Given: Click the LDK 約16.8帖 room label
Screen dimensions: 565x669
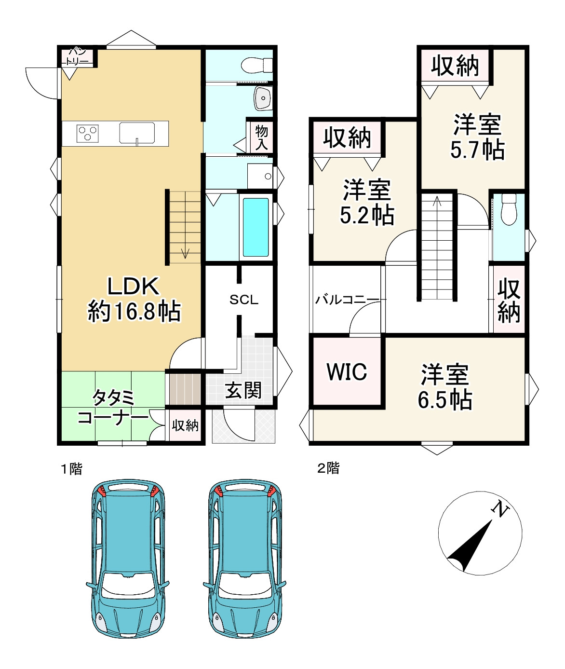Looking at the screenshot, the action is [x=134, y=299].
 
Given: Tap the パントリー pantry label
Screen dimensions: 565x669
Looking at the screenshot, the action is [x=77, y=57].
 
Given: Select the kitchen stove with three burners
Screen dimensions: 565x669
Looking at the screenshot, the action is [x=87, y=133].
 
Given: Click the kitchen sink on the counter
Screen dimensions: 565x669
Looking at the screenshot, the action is [x=137, y=133].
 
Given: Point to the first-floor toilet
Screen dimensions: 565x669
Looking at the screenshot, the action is [x=256, y=65].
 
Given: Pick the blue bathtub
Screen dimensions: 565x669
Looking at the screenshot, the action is [x=256, y=228].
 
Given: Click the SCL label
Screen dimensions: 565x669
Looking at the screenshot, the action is [x=244, y=300].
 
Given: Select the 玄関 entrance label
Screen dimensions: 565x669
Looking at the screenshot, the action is [x=243, y=390].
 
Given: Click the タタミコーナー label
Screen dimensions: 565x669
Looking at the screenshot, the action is [x=113, y=408].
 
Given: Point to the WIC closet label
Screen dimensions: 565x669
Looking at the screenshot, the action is [x=347, y=372].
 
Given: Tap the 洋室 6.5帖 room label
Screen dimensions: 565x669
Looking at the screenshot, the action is [x=444, y=387].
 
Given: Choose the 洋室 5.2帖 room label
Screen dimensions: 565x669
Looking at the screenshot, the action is [x=367, y=202].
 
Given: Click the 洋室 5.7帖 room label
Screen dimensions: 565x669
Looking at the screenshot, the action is [x=477, y=137].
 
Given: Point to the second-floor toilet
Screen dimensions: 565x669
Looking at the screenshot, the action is [x=509, y=209].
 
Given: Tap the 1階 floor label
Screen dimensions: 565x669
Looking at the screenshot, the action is [x=72, y=469].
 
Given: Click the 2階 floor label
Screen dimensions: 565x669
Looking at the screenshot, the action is [x=328, y=468].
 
